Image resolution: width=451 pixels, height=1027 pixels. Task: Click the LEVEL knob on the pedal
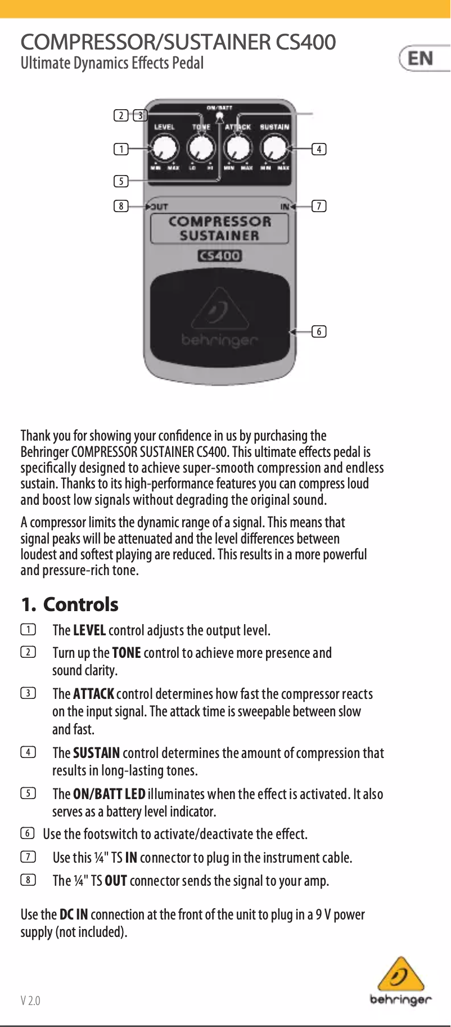coord(164,149)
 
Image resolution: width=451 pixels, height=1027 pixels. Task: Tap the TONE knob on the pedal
coord(201,149)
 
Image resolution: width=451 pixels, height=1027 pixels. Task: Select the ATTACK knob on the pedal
coord(237,149)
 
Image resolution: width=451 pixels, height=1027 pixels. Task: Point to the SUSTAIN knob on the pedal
coord(274,149)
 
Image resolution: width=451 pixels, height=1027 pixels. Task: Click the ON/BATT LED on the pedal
coord(219,116)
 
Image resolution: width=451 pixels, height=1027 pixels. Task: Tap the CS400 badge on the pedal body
coord(219,256)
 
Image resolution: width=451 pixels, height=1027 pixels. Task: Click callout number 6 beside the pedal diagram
coord(319,331)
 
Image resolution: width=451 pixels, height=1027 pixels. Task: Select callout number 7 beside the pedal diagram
coord(319,206)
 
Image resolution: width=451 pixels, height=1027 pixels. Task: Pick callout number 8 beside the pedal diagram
coord(121,206)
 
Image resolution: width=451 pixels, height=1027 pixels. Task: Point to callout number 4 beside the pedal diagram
coord(319,149)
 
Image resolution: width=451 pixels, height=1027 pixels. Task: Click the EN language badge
coord(421,58)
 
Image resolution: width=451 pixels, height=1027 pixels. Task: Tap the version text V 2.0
coord(30,1001)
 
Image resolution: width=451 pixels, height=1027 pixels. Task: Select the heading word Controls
coord(80,604)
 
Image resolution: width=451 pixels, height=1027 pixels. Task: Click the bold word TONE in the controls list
coord(127,653)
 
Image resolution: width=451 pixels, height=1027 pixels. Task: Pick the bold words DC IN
coord(74,914)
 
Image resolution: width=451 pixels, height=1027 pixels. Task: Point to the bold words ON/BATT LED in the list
coord(109,794)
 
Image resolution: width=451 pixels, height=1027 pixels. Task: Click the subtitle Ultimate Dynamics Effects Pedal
coord(112,63)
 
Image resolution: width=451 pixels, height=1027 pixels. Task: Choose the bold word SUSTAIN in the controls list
coord(96,753)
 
